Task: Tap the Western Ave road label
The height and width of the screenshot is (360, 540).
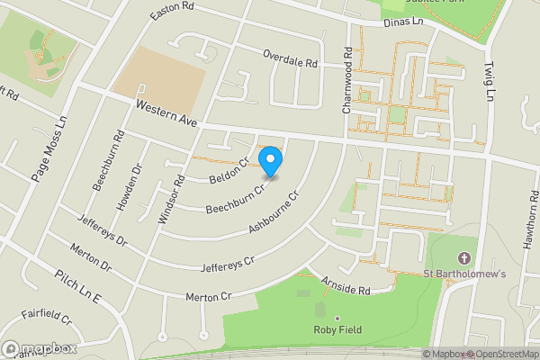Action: tap(167, 112)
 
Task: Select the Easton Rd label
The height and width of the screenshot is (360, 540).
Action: tap(173, 8)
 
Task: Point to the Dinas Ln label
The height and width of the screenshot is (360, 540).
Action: tap(402, 26)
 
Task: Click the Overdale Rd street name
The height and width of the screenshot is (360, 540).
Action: tap(291, 60)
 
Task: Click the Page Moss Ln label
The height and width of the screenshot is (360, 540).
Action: tap(49, 148)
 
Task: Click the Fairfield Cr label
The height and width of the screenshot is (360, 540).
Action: tap(47, 317)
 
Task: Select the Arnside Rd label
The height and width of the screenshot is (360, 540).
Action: tap(346, 287)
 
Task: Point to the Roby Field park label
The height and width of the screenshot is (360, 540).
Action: tap(337, 329)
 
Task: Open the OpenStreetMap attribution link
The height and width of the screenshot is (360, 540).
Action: tap(501, 354)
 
